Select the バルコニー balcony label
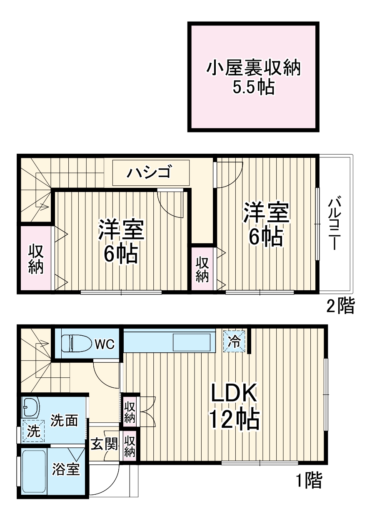click(335, 224)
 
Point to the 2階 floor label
click(340, 307)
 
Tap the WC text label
click(104, 344)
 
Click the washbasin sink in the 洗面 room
click(30, 406)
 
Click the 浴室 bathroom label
click(65, 469)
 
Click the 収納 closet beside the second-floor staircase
click(36, 259)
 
